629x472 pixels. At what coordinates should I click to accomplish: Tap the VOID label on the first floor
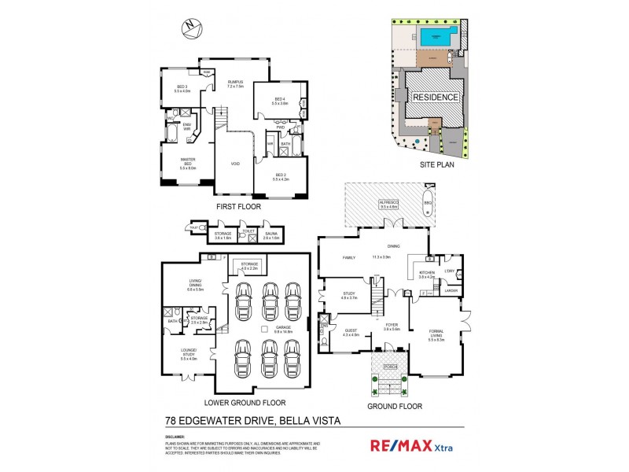(235, 164)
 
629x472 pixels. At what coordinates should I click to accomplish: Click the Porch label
(388, 367)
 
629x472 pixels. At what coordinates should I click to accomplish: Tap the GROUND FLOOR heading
(394, 406)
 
